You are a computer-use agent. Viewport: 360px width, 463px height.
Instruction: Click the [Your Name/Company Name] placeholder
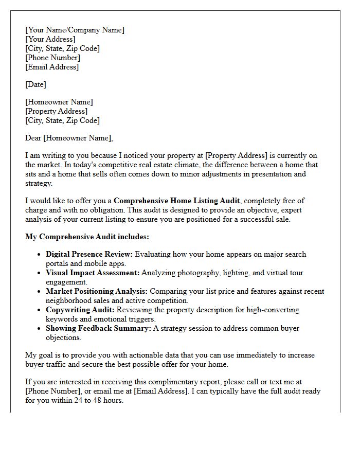(x=75, y=30)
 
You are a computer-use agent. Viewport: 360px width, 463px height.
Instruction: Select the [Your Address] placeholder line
(x=50, y=39)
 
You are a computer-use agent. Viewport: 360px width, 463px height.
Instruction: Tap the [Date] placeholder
(x=35, y=84)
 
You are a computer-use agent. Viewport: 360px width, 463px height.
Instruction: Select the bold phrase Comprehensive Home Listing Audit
(x=176, y=201)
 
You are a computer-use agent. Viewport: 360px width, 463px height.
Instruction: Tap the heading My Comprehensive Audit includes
(x=87, y=237)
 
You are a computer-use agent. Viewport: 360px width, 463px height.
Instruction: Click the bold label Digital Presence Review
(x=89, y=254)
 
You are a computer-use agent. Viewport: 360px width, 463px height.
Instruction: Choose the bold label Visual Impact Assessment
(x=92, y=273)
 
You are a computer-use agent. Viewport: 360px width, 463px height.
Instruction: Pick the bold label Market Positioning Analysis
(x=97, y=291)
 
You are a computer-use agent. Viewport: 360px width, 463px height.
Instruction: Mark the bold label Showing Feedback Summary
(x=98, y=328)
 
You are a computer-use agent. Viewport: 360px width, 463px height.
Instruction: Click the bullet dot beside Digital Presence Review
(x=40, y=255)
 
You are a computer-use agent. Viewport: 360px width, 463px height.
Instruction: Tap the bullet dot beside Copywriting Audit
(x=40, y=310)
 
